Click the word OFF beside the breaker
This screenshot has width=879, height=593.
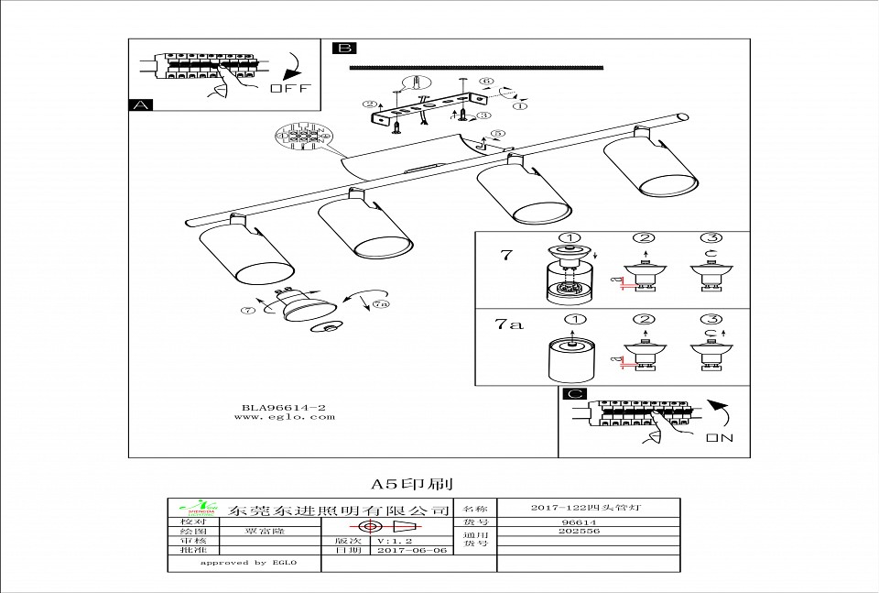tap(291, 89)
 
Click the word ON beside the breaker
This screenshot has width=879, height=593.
tap(720, 438)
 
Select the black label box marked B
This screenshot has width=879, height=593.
tap(344, 49)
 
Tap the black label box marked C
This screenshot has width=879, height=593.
tap(574, 395)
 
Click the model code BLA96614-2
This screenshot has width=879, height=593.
tap(284, 406)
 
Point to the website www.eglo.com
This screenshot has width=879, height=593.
tap(284, 417)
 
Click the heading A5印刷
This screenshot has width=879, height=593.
tap(412, 483)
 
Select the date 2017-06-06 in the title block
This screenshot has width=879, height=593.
tap(412, 550)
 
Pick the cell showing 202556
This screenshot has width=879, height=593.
tap(578, 531)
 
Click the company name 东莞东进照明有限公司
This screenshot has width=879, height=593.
tap(340, 510)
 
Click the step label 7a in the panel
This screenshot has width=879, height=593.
tap(509, 324)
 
